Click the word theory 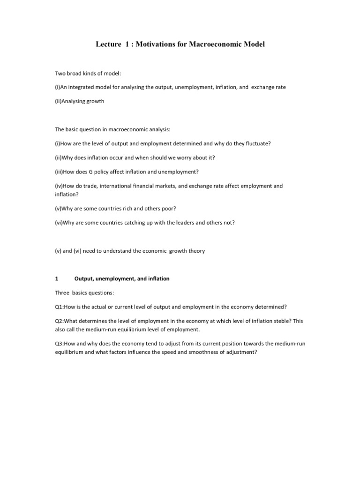[196, 251]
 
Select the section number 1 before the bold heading [57, 278]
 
